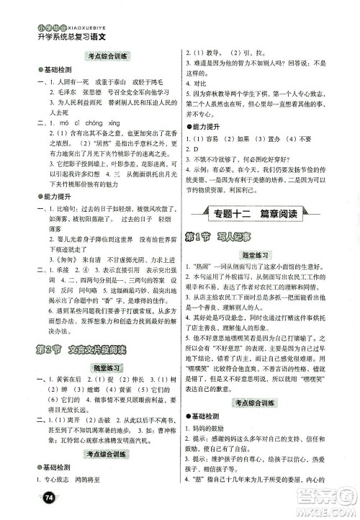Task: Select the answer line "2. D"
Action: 192,148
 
